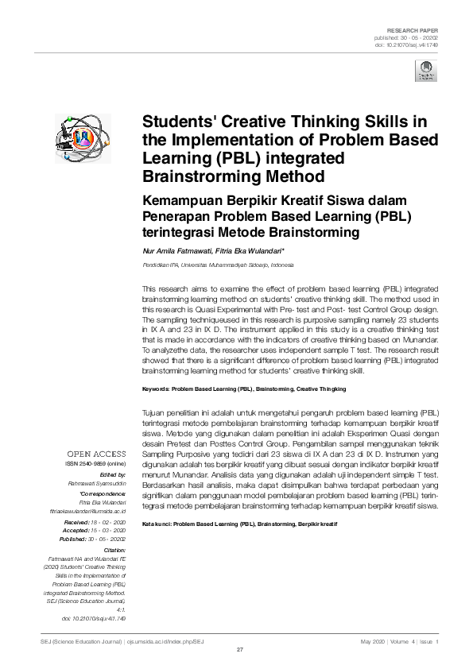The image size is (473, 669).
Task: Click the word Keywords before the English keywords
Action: coord(155,389)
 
